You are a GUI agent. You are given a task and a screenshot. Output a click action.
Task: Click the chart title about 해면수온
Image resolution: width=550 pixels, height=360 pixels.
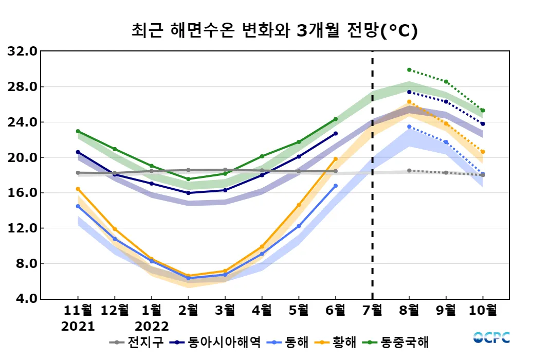274,30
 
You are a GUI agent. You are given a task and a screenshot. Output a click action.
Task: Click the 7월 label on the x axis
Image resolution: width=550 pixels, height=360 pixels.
372,310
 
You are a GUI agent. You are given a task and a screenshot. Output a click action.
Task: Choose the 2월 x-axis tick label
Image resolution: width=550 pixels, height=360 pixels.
188,310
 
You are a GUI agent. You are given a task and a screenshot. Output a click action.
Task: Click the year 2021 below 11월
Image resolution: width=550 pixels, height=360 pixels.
78,327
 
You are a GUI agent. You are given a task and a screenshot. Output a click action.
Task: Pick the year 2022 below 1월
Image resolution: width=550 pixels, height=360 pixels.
151,327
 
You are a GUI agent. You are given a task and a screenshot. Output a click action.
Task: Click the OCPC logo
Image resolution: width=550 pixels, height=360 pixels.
491,338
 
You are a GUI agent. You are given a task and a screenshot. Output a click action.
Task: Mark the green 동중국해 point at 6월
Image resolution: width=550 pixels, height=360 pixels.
336,119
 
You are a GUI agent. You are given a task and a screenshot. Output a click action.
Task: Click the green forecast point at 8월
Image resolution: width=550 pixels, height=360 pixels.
409,69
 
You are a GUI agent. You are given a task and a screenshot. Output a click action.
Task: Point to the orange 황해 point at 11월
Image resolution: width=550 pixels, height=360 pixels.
78,189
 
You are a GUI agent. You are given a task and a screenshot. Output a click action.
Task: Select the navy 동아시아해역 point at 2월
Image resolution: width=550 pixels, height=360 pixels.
188,193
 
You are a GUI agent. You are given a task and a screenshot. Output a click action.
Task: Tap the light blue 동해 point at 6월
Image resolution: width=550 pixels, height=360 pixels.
336,186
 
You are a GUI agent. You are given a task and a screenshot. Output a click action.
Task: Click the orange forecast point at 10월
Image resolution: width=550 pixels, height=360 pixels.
483,152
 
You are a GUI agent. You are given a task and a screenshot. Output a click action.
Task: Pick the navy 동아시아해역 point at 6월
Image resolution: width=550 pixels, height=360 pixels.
336,133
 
